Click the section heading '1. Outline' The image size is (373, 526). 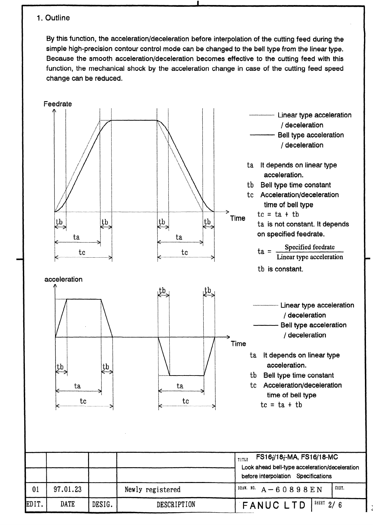(53, 18)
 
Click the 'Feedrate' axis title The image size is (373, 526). (57, 104)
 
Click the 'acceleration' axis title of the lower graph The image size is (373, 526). (63, 279)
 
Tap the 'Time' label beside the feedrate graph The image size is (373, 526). (238, 218)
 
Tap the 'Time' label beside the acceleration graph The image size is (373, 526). (238, 344)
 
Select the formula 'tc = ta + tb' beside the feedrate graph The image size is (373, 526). (278, 215)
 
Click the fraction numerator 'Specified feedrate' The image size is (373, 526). (309, 247)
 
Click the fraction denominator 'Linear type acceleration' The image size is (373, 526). (309, 257)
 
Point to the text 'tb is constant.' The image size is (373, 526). (280, 269)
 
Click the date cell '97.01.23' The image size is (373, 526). (67, 489)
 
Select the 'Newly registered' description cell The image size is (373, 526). (152, 490)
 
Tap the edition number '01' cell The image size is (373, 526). (35, 489)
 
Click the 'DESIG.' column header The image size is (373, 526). (102, 505)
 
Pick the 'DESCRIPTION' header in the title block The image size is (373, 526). (176, 505)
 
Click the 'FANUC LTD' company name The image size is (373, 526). (274, 505)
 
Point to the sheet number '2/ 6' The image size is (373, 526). (335, 505)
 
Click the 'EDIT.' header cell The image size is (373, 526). (36, 505)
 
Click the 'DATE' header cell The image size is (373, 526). (67, 505)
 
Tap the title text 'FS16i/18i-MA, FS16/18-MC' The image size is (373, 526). (297, 457)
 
